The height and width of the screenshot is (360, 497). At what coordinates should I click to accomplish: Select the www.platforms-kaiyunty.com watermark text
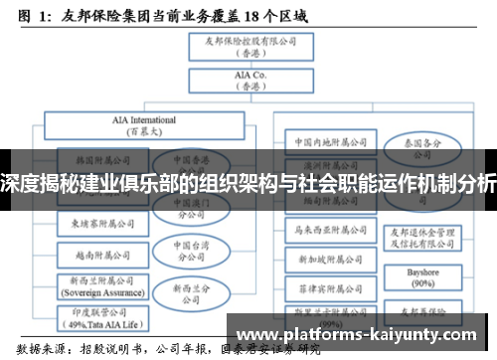click(x=363, y=335)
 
